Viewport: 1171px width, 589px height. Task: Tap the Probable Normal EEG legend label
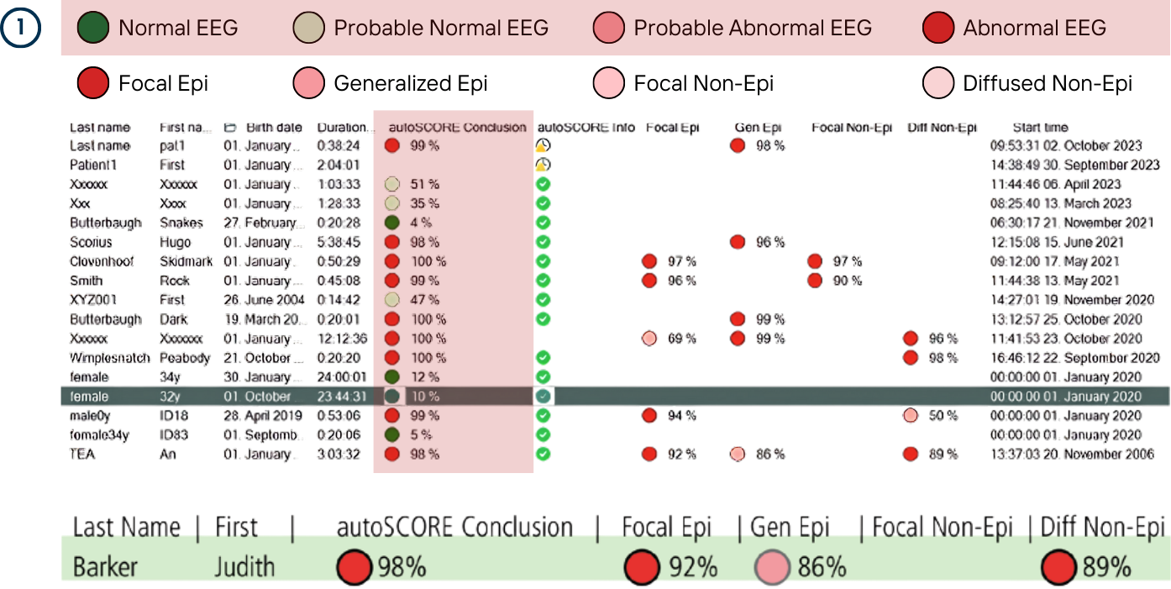441,28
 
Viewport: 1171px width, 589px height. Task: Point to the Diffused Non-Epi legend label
1048,83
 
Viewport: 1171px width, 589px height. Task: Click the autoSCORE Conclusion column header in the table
457,128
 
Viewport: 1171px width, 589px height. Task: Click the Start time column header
1040,128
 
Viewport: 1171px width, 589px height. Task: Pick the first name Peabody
186,358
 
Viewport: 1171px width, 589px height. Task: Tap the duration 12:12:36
342,339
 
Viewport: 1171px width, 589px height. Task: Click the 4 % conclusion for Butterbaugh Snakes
421,223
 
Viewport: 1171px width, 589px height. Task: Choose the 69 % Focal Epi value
682,339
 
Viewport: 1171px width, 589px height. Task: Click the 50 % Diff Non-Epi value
943,416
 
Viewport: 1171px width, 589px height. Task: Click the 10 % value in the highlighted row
424,397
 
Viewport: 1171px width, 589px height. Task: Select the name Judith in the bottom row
244,567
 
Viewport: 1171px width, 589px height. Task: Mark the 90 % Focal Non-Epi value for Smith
848,281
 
